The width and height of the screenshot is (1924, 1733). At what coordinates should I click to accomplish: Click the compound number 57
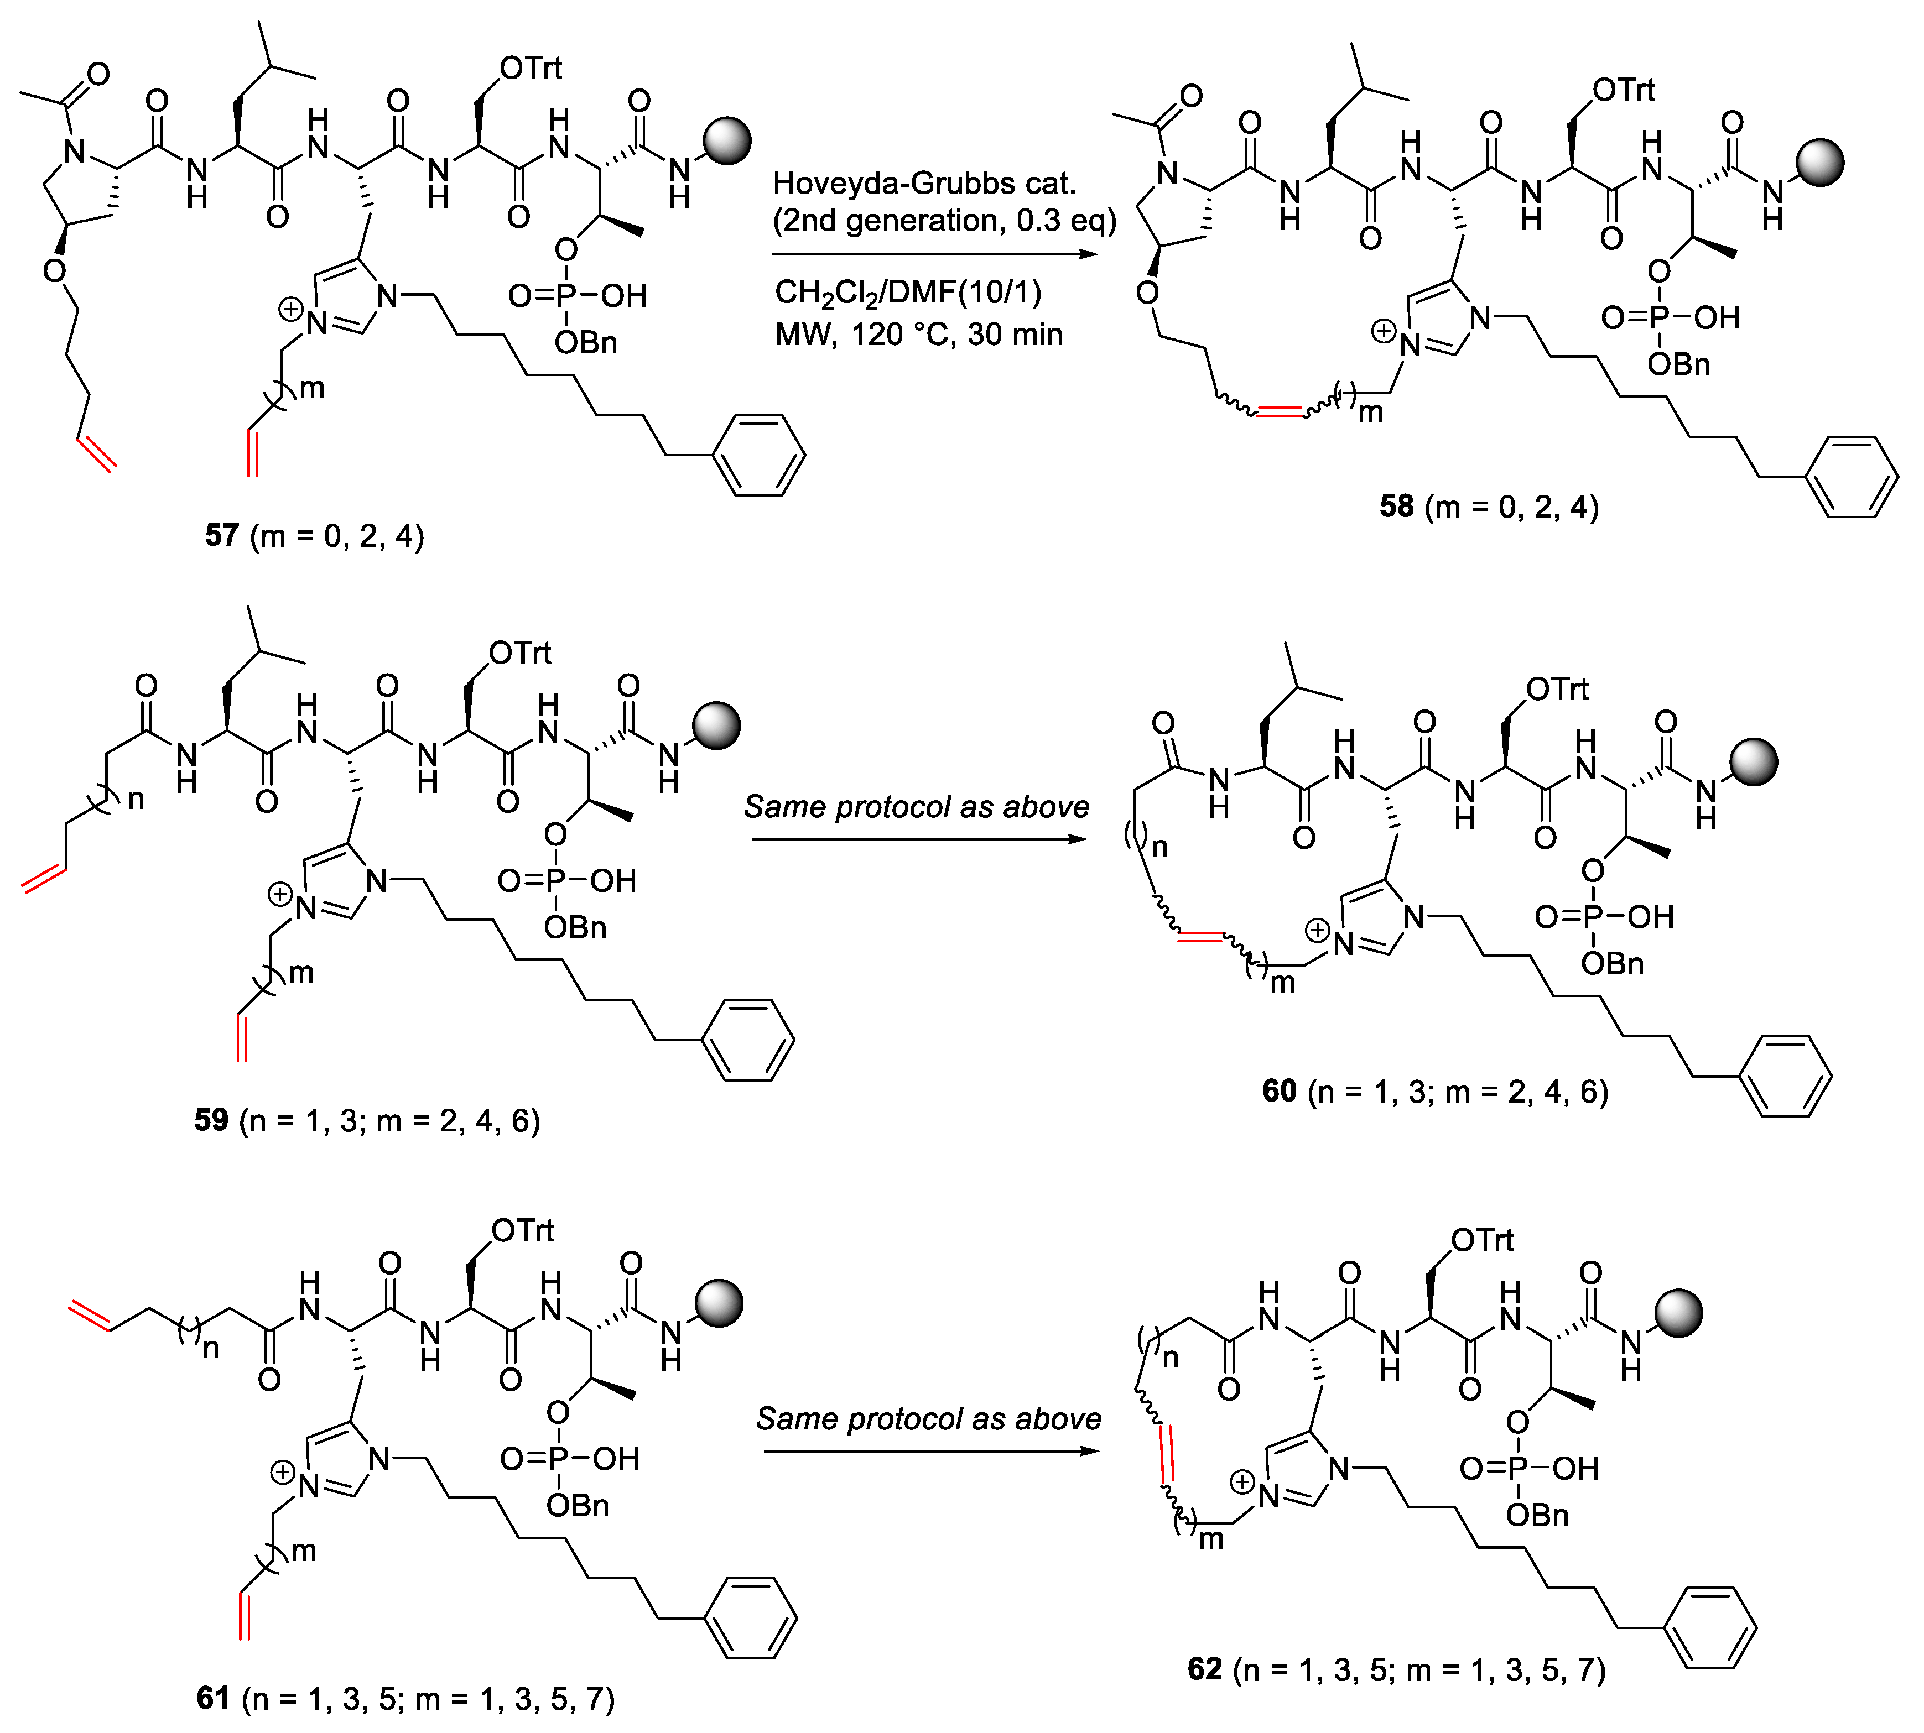[221, 535]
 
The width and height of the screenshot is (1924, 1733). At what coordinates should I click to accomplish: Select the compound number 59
[211, 1120]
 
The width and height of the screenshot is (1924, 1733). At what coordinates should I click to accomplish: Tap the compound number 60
[1279, 1091]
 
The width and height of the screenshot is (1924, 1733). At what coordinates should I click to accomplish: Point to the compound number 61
[212, 1698]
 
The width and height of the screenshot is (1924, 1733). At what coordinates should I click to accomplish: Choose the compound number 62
[1204, 1669]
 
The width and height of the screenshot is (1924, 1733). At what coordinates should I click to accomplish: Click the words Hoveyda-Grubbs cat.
[924, 183]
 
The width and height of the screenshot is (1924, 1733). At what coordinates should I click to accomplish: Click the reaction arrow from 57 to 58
[933, 255]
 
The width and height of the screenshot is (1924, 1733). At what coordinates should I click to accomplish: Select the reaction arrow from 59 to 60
[919, 839]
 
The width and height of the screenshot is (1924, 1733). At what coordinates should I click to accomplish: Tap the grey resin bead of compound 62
[1677, 1313]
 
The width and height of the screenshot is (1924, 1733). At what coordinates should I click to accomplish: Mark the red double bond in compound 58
[1279, 411]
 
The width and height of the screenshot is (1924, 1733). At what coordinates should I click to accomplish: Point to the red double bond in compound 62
[1166, 1454]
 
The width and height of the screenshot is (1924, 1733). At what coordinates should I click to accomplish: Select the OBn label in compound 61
[577, 1505]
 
